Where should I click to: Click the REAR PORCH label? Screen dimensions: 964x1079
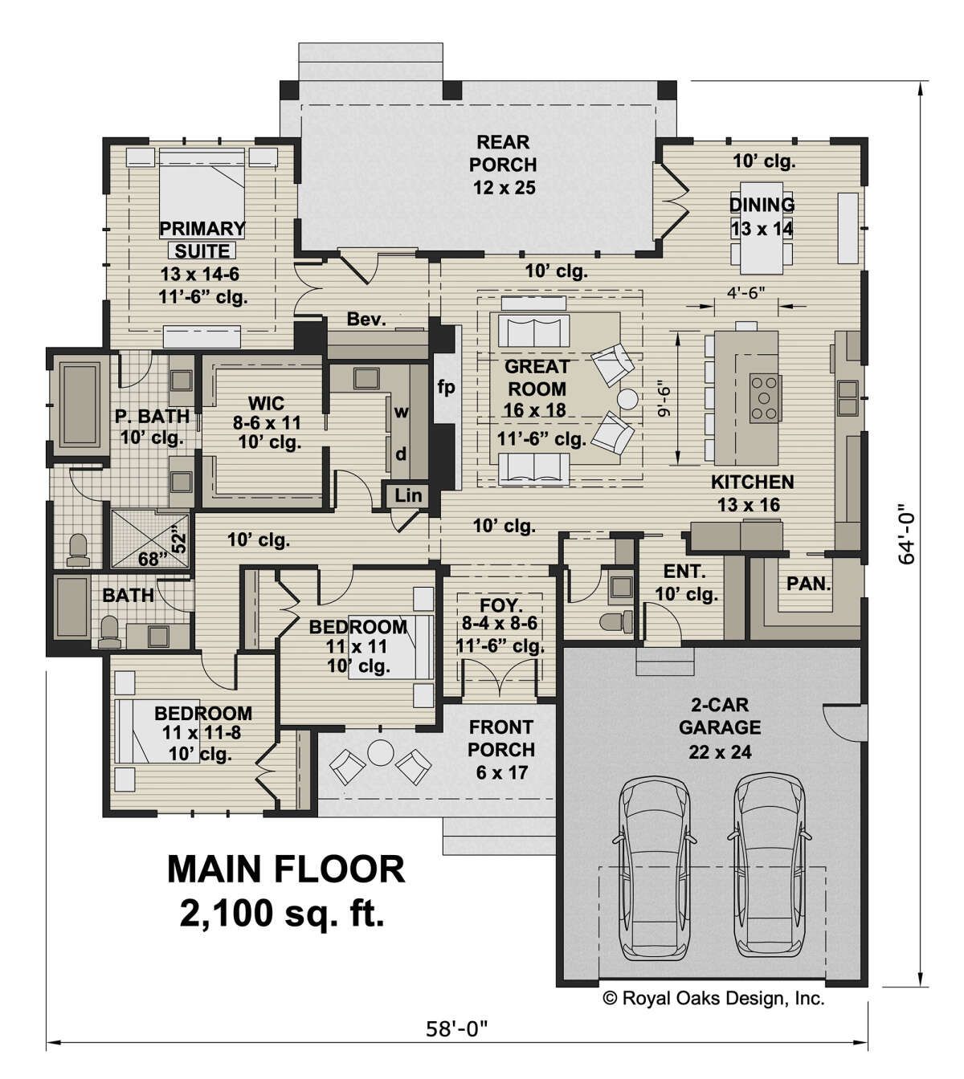[x=503, y=153]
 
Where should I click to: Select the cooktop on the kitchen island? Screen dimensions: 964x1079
[x=765, y=398]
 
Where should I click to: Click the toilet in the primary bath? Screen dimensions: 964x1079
[x=77, y=550]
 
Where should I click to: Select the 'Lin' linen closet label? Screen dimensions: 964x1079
[x=408, y=495]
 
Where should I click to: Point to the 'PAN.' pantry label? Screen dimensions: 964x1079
[x=808, y=584]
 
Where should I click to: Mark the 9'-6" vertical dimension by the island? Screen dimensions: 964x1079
[x=663, y=398]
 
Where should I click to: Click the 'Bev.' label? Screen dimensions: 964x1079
[x=366, y=319]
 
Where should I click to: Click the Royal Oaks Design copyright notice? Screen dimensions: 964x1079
[x=713, y=998]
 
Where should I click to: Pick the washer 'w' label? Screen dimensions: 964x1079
[x=402, y=412]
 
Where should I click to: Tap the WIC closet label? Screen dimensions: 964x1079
[x=266, y=403]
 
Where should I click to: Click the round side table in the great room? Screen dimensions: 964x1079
[x=628, y=398]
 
